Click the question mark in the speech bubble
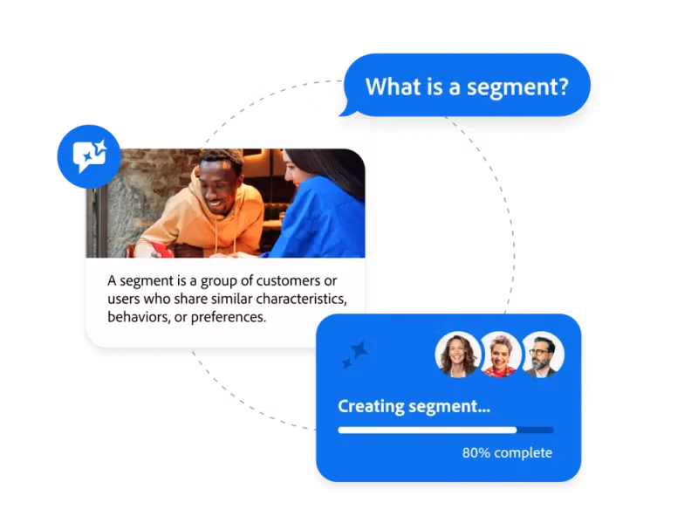(563, 86)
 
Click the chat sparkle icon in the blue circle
(90, 156)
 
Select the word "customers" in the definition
(288, 280)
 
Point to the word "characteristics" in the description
(301, 299)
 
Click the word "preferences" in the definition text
(229, 317)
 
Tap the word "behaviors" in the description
(139, 317)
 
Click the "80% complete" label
(507, 452)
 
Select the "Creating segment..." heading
(414, 406)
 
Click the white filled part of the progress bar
(428, 430)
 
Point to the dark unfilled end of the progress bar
(536, 430)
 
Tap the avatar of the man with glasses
(542, 355)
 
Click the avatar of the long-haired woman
(456, 355)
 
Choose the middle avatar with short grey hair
(500, 355)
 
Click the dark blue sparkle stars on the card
(355, 355)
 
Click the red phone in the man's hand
(161, 250)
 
